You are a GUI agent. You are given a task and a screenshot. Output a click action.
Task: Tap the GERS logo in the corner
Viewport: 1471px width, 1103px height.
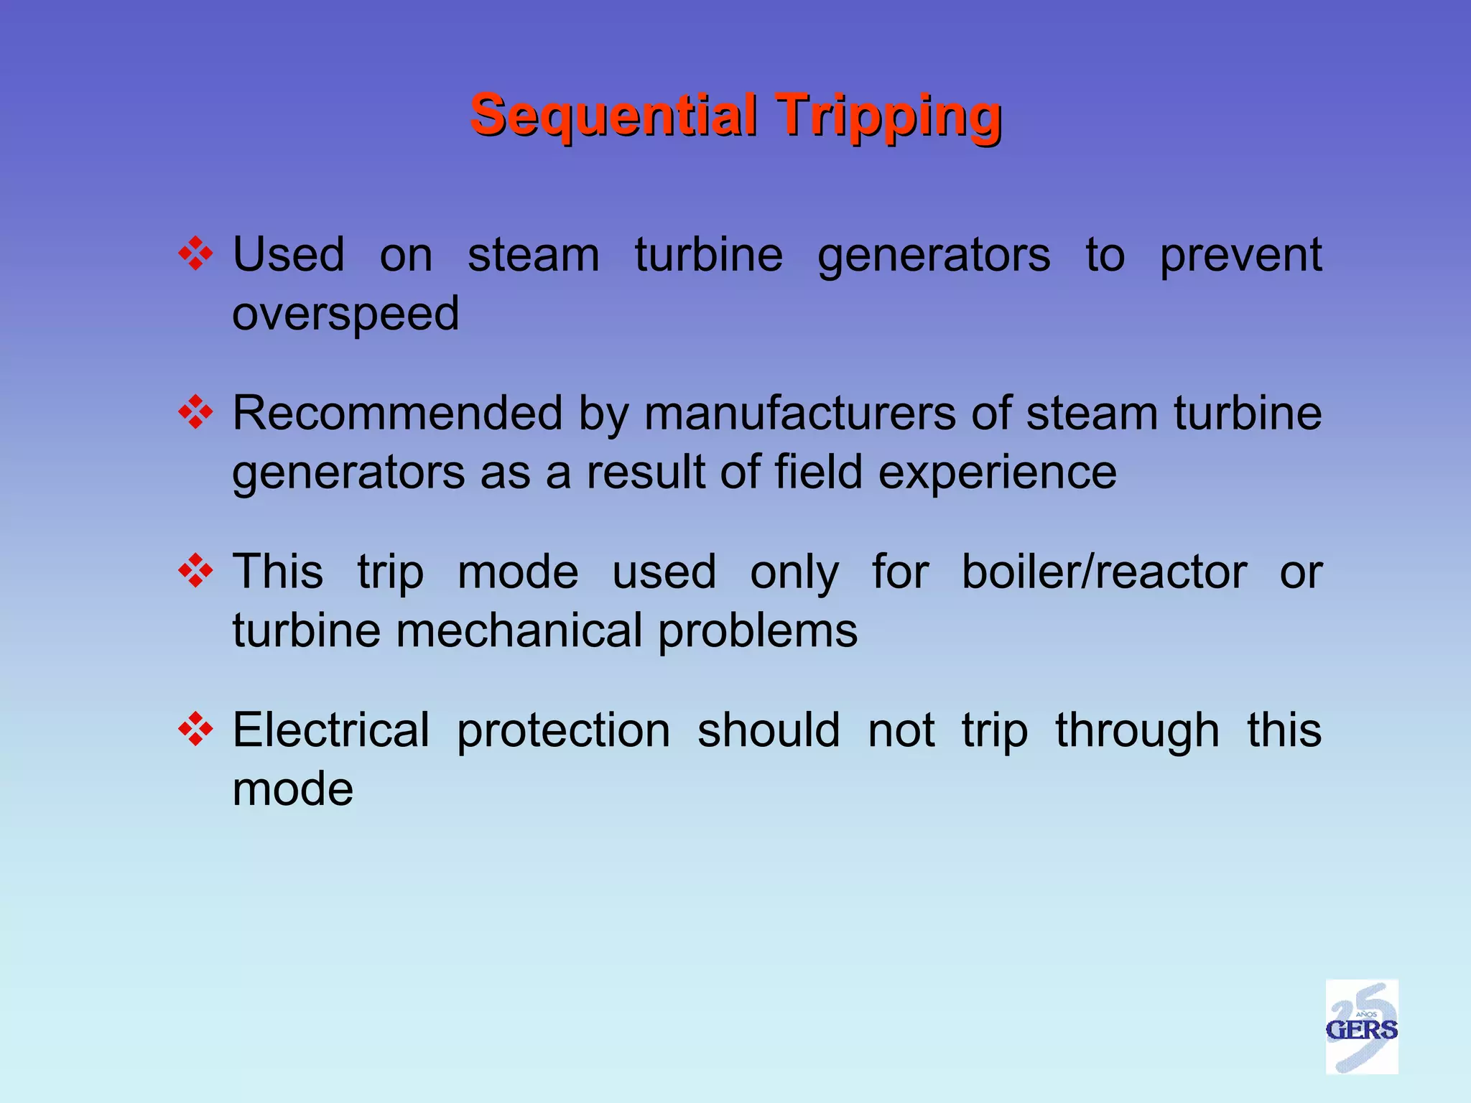pos(1361,1028)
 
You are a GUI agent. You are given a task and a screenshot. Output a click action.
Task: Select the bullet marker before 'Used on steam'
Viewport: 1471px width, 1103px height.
pos(195,255)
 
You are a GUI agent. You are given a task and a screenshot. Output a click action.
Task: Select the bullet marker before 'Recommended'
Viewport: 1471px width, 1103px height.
pos(195,414)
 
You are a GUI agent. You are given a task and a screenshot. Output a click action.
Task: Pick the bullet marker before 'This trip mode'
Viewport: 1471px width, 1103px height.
pos(195,572)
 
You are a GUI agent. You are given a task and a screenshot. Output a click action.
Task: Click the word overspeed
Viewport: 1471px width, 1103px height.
pos(345,314)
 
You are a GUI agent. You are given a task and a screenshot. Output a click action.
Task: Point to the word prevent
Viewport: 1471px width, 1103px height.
pos(1240,255)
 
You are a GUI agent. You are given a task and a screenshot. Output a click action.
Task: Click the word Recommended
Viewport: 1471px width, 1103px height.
pos(397,414)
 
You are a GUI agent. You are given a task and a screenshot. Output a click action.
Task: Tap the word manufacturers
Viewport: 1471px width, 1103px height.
pos(799,414)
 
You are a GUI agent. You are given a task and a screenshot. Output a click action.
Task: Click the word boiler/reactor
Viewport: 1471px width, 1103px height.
pos(1104,572)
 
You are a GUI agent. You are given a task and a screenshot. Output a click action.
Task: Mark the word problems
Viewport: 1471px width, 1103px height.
pos(758,631)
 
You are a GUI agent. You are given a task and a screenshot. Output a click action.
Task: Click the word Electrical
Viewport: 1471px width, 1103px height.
pos(331,731)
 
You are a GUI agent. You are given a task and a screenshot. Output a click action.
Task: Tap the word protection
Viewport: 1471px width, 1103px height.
pos(563,731)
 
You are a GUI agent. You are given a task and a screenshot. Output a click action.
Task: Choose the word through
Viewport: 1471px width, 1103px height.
pos(1137,731)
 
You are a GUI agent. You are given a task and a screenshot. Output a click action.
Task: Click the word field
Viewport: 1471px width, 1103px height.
pos(818,473)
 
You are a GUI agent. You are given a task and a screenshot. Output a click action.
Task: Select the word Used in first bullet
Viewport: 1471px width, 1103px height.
pos(289,255)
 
